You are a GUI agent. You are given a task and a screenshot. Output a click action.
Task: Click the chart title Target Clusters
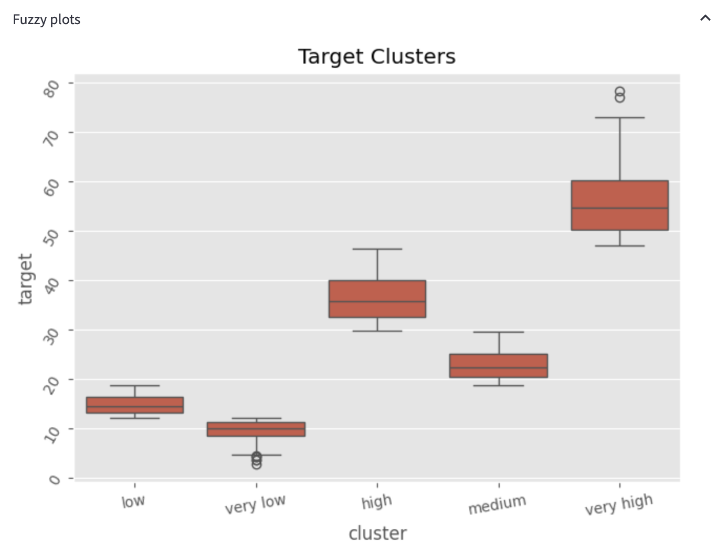point(376,57)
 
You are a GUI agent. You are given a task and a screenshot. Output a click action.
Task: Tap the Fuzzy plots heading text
point(46,20)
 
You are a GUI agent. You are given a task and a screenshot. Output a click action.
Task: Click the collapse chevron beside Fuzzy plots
point(705,18)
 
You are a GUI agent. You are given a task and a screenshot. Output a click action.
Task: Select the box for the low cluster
point(135,405)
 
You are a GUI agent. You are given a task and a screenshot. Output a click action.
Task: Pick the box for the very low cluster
point(256,429)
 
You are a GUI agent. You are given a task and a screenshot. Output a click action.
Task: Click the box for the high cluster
point(377,299)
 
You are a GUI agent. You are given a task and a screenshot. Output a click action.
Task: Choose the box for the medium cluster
point(499,366)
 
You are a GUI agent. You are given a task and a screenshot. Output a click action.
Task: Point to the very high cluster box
point(619,205)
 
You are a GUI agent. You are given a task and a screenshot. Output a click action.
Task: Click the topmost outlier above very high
point(620,91)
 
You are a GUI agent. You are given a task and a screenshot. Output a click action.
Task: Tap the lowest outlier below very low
point(256,465)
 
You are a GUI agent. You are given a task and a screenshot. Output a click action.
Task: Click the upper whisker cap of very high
point(620,118)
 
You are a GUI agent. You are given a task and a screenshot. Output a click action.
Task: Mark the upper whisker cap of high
point(377,249)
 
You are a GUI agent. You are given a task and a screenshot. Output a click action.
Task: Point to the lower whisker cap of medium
point(499,386)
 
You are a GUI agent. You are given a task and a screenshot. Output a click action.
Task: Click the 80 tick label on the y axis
point(51,89)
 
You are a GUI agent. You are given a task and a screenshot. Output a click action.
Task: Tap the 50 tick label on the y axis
point(51,238)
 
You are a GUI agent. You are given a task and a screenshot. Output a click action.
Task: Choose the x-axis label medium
point(497,505)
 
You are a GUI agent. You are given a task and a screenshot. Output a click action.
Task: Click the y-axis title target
point(25,279)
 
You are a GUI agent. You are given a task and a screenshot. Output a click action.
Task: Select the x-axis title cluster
point(377,533)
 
